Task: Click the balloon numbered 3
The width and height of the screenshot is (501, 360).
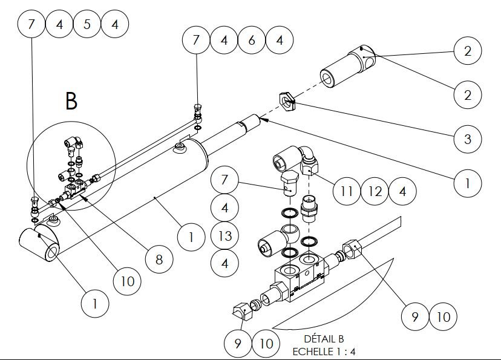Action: (467, 139)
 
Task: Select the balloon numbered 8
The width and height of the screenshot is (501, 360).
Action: (159, 260)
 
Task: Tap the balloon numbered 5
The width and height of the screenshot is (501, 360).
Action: (87, 24)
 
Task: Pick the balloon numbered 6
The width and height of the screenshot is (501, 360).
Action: (252, 41)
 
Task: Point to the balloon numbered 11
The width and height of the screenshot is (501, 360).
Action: (347, 192)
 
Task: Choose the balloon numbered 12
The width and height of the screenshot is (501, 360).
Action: (375, 192)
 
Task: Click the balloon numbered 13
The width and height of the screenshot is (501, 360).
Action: (224, 235)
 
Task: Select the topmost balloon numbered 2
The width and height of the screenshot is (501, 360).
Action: (467, 51)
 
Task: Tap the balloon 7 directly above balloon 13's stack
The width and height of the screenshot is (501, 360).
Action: (224, 180)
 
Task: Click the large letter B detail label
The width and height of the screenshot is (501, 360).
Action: (71, 102)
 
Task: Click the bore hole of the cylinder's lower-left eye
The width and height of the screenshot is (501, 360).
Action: (50, 249)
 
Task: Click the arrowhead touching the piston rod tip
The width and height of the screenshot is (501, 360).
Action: (264, 120)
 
